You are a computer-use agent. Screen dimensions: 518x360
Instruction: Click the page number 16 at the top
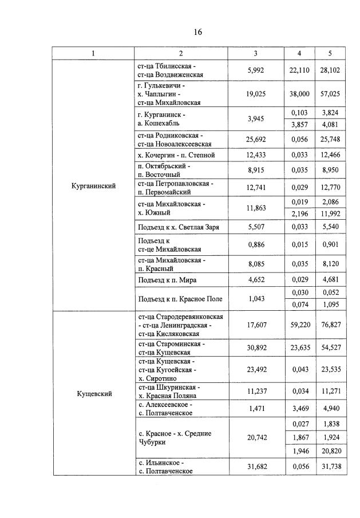[197, 32]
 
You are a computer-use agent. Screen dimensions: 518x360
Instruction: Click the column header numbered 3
[255, 53]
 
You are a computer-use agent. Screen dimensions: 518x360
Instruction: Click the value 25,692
[255, 140]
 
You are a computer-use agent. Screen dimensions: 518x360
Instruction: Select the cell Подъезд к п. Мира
[166, 279]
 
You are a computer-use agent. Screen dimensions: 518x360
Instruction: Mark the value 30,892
[255, 348]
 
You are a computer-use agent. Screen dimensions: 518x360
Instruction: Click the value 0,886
[255, 245]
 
